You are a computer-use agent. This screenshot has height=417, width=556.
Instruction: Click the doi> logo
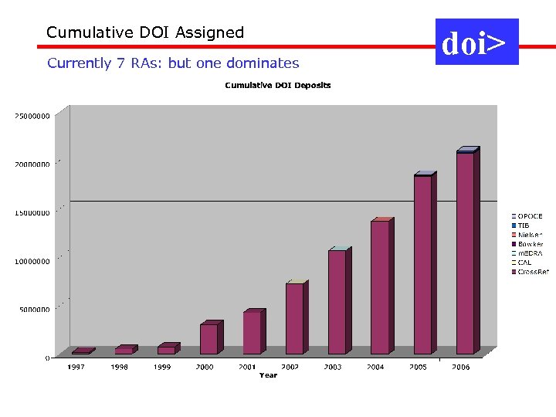[x=476, y=43]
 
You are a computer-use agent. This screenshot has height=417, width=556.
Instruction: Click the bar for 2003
[x=337, y=302]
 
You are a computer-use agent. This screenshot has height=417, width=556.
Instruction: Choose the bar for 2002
[x=294, y=318]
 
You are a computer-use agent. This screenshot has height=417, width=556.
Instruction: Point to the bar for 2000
[x=208, y=339]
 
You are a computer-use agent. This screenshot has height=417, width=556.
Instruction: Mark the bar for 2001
[x=252, y=333]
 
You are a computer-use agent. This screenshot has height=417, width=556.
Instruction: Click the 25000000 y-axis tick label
[x=32, y=116]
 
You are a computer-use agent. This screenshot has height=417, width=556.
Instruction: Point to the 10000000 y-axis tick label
[x=32, y=261]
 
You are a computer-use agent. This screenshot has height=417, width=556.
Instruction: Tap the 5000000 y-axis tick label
[x=34, y=310]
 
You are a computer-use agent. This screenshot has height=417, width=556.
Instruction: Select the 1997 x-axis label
[x=76, y=368]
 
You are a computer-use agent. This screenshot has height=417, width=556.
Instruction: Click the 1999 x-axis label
[x=161, y=368]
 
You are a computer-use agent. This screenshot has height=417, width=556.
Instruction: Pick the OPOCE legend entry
[x=530, y=216]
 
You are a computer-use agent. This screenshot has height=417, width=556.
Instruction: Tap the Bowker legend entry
[x=530, y=244]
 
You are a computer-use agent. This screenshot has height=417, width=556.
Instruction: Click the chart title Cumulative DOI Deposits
[x=278, y=85]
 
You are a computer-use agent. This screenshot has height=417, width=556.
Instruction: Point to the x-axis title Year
[x=268, y=375]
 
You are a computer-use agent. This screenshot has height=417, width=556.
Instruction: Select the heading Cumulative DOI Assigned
[x=145, y=32]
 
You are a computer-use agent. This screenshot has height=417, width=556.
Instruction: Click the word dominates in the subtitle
[x=259, y=63]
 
